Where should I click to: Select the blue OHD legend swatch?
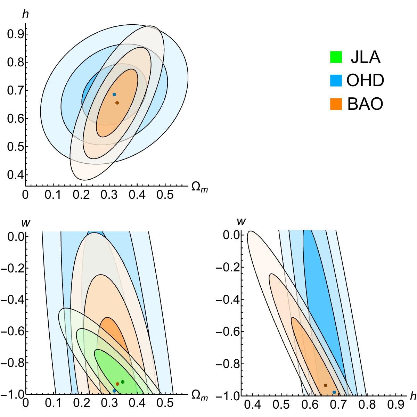[x=336, y=81]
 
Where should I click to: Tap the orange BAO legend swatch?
[x=336, y=104]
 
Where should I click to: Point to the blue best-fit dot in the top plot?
[x=114, y=95]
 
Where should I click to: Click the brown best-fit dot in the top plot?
[x=117, y=103]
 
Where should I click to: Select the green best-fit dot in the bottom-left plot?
[x=122, y=382]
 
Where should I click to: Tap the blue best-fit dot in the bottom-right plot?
[x=334, y=392]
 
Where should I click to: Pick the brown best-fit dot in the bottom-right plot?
[x=326, y=385]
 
